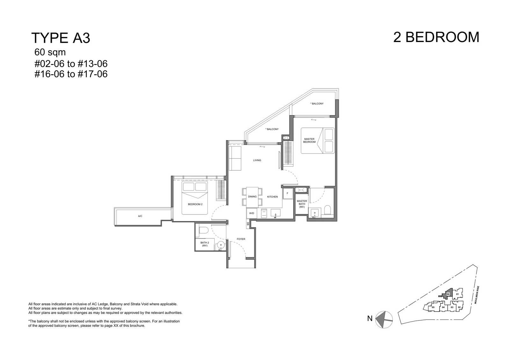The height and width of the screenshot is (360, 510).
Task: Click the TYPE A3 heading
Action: (61, 38)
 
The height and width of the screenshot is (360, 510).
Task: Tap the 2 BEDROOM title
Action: (436, 37)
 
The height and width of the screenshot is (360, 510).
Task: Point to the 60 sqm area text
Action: (50, 52)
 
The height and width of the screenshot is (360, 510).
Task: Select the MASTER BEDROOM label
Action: (309, 140)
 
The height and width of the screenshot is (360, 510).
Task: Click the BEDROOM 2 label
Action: (195, 204)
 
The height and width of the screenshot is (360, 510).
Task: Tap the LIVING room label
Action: (257, 160)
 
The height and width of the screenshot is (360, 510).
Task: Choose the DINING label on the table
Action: (252, 197)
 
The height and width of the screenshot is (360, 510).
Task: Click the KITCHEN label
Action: (273, 197)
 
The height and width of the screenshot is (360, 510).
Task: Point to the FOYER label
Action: (241, 239)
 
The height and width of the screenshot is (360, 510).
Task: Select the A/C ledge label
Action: (140, 216)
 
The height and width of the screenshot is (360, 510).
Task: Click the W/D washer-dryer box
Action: (251, 213)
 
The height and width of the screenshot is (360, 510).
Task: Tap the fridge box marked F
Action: (288, 193)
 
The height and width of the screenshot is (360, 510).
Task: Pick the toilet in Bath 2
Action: (204, 230)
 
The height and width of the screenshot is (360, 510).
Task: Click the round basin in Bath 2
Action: (221, 245)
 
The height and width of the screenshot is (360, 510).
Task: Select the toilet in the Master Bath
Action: (327, 210)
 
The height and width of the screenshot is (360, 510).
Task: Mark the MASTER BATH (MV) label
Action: (302, 204)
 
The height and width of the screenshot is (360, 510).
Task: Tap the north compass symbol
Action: (384, 320)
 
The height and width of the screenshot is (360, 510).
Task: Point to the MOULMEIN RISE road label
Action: (477, 295)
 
